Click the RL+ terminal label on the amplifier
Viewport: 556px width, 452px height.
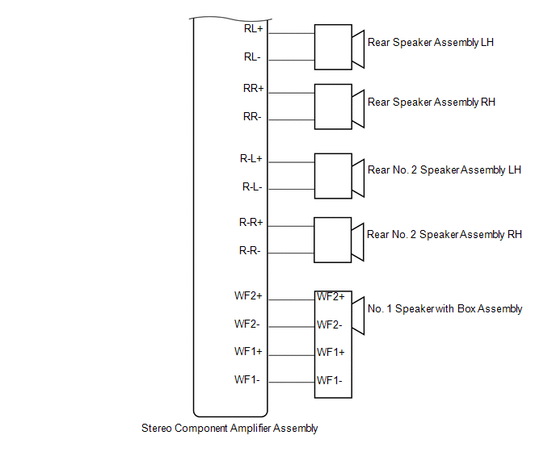pyautogui.click(x=253, y=28)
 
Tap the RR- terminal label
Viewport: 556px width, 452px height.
pyautogui.click(x=252, y=116)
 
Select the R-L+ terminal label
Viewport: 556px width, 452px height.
pyautogui.click(x=251, y=158)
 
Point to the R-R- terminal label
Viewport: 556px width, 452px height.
pyautogui.click(x=250, y=251)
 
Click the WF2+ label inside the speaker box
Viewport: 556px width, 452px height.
pyautogui.click(x=331, y=296)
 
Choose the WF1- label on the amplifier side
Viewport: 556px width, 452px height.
pyautogui.click(x=246, y=379)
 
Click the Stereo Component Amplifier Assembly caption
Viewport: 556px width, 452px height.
pyautogui.click(x=230, y=429)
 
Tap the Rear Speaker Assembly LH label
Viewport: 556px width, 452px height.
pyautogui.click(x=431, y=43)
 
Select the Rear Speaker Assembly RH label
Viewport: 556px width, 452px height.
pyautogui.click(x=432, y=102)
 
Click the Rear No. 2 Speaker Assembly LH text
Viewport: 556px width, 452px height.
pyautogui.click(x=444, y=170)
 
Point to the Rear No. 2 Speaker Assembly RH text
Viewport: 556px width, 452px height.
pyautogui.click(x=444, y=235)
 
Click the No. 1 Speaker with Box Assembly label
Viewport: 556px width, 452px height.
pyautogui.click(x=445, y=309)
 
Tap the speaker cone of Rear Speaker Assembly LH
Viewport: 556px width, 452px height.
pyautogui.click(x=358, y=49)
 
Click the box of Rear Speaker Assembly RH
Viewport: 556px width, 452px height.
pyautogui.click(x=333, y=107)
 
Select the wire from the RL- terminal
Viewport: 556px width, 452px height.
pyautogui.click(x=292, y=61)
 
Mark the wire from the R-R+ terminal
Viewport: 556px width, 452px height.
pyautogui.click(x=291, y=226)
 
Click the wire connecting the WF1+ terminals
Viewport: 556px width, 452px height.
pyautogui.click(x=292, y=355)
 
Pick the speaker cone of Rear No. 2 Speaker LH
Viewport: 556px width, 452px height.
pyautogui.click(x=358, y=178)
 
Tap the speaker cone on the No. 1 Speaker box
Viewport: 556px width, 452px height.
pyautogui.click(x=358, y=316)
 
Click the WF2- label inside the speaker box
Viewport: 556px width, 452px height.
pyautogui.click(x=330, y=324)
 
